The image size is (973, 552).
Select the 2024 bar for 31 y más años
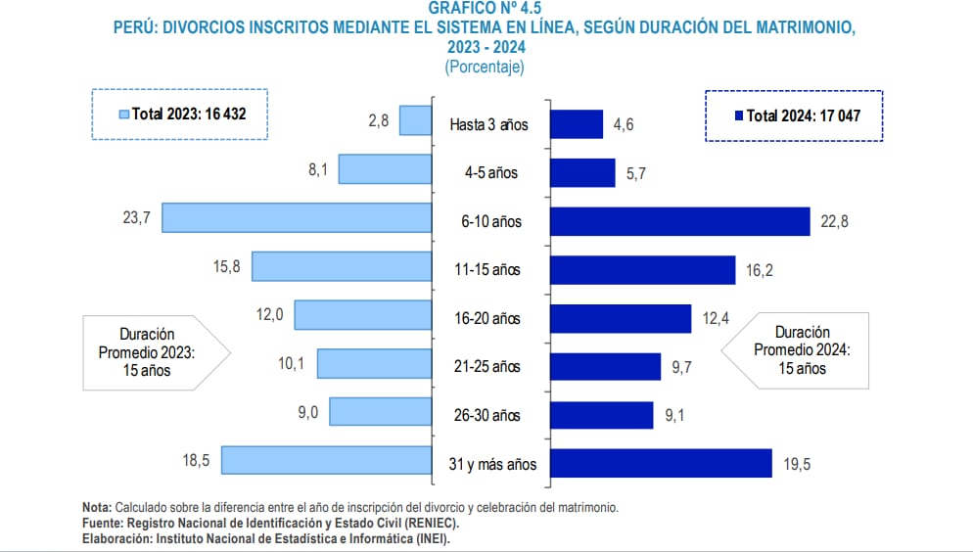pyautogui.click(x=661, y=464)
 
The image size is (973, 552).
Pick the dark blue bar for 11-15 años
pyautogui.click(x=642, y=270)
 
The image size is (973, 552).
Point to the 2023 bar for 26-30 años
pyautogui.click(x=381, y=411)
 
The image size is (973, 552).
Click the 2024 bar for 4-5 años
pyautogui.click(x=582, y=173)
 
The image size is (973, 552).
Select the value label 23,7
pyautogui.click(x=136, y=218)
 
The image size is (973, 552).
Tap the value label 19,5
pyautogui.click(x=797, y=465)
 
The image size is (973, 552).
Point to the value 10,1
pyautogui.click(x=291, y=364)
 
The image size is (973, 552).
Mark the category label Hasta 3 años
pyautogui.click(x=488, y=125)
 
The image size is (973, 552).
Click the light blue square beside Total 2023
pyautogui.click(x=123, y=115)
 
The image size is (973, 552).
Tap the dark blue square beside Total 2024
pyautogui.click(x=738, y=115)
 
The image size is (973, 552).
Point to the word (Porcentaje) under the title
pyautogui.click(x=485, y=67)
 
